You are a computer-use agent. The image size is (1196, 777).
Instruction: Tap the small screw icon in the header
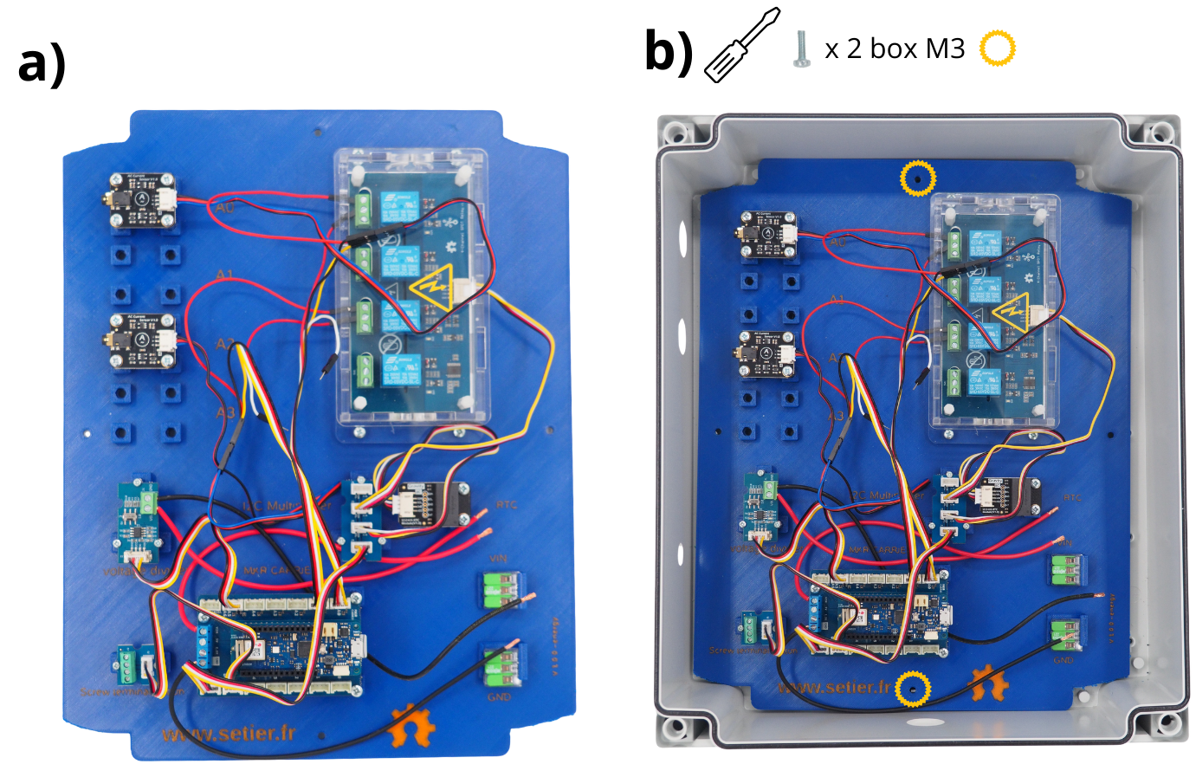coord(801,49)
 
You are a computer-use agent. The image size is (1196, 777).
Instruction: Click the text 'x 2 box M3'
coord(895,49)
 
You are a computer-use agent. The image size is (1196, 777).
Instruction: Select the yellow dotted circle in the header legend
coord(997,49)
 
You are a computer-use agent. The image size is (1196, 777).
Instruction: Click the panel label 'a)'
coord(41,63)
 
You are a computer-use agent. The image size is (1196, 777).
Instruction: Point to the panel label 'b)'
coord(669,51)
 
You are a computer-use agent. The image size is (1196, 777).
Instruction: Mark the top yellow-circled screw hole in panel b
coord(917,178)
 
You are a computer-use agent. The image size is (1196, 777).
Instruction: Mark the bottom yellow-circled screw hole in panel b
coord(914,690)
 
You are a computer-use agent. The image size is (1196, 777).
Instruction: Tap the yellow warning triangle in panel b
coord(1012,312)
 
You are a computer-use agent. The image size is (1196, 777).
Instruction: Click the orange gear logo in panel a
coord(411,726)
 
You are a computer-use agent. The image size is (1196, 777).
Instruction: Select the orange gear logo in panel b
coord(989,683)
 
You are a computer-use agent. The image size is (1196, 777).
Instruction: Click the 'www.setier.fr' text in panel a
coord(229,734)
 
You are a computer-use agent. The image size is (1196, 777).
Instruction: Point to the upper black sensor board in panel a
coord(144,200)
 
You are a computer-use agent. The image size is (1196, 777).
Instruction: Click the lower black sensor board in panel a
coord(144,340)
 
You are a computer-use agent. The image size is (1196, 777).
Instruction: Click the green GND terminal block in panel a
coord(500,665)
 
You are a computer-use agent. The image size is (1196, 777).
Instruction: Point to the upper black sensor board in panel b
coord(768,235)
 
